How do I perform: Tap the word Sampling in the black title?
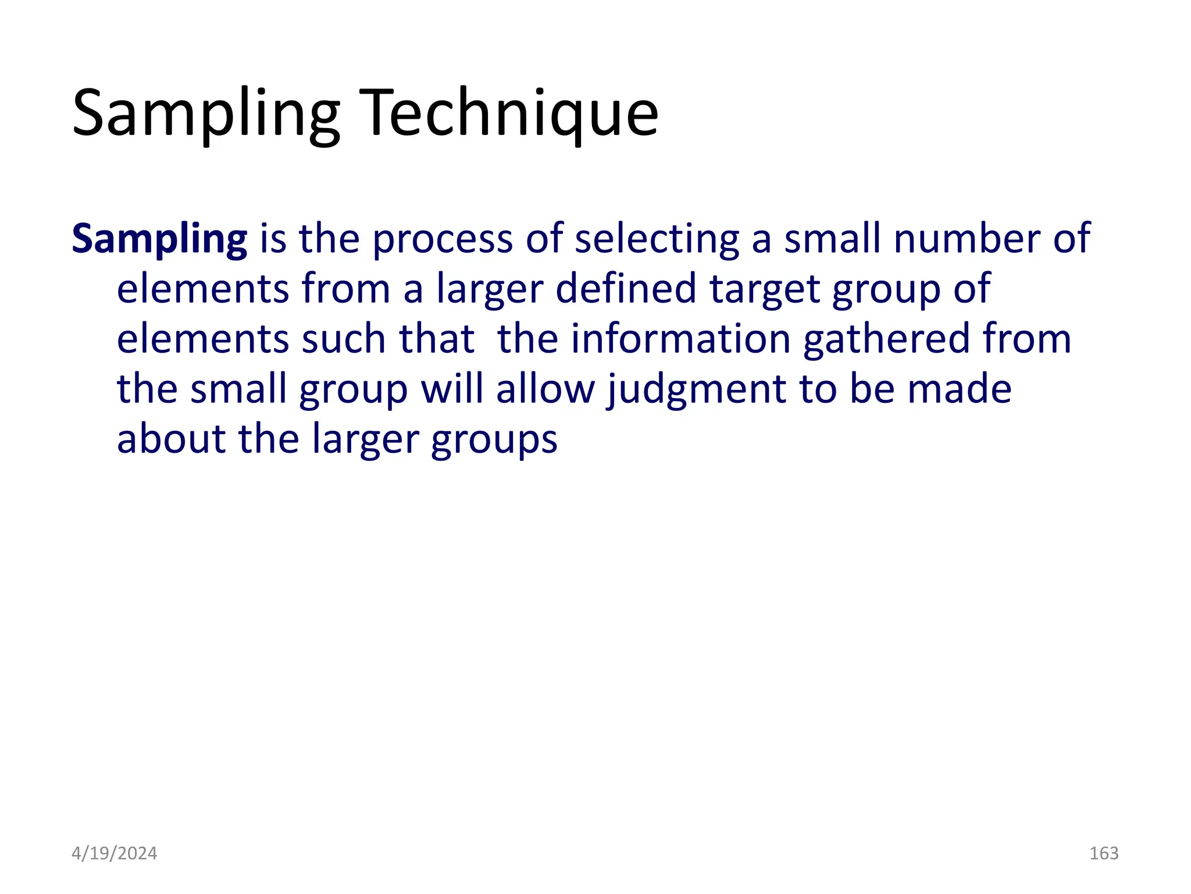coord(206,113)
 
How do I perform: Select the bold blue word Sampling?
coord(159,239)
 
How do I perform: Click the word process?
coord(443,239)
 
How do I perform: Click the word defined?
coord(626,289)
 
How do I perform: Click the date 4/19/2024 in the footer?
coord(114,853)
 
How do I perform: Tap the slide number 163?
coord(1104,853)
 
